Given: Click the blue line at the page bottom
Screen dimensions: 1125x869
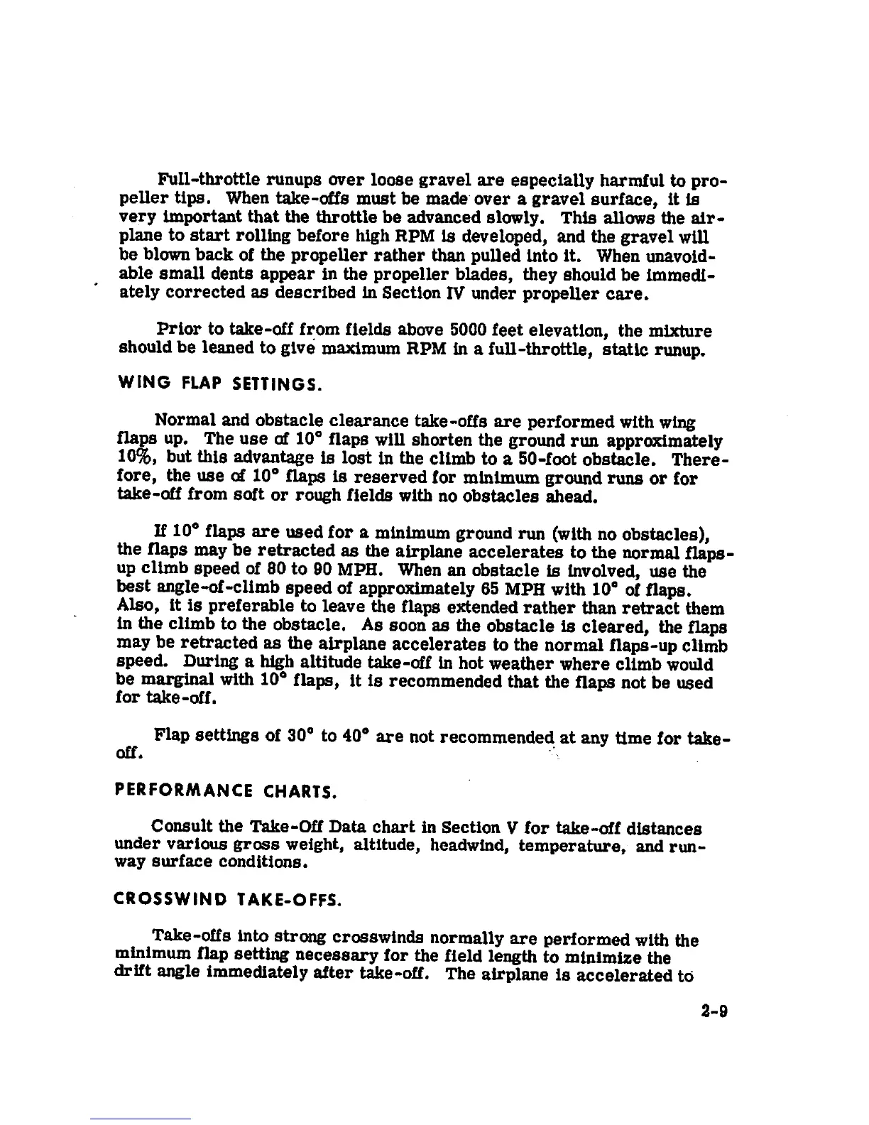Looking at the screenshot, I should pyautogui.click(x=140, y=1119).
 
